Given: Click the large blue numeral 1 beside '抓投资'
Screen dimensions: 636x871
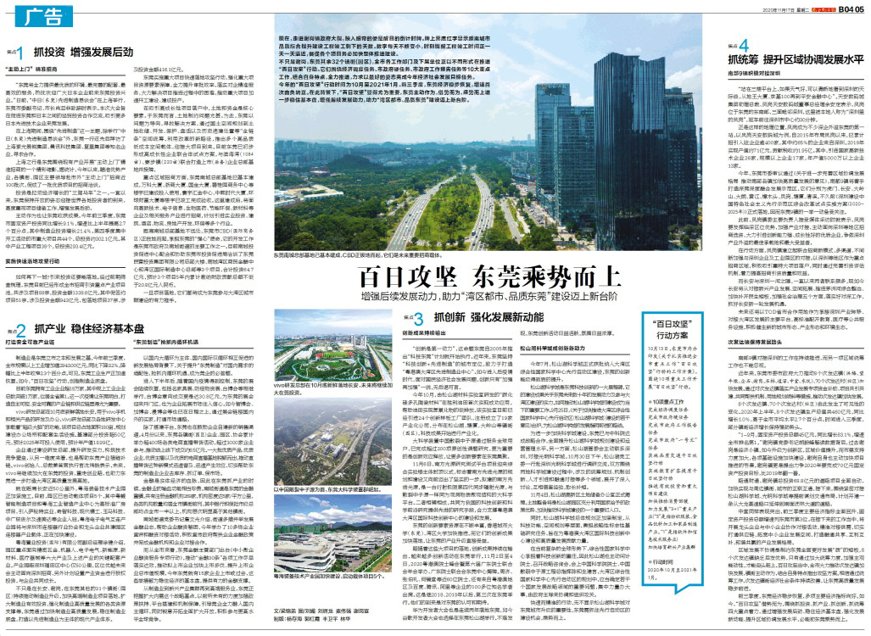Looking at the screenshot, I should click(19, 51).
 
